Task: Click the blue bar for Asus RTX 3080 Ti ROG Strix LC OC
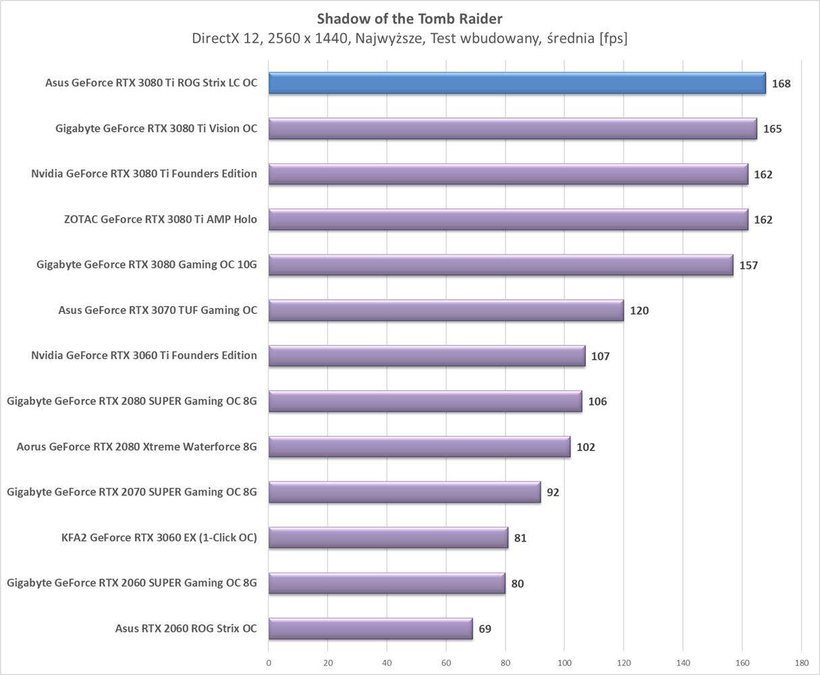(x=516, y=83)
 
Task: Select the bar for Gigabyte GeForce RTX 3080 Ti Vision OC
(x=512, y=128)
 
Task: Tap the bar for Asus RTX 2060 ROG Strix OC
(x=370, y=628)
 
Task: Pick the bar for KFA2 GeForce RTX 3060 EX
(x=388, y=537)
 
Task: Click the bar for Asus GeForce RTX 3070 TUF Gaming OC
(x=445, y=310)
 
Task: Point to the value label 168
(x=781, y=84)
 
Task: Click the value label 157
(x=748, y=265)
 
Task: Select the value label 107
(x=600, y=356)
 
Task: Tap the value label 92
(x=553, y=492)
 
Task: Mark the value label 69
(x=485, y=629)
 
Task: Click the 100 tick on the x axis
(x=564, y=663)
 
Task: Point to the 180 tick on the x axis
(x=801, y=663)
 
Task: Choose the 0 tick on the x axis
(x=269, y=663)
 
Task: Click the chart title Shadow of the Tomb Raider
(x=410, y=18)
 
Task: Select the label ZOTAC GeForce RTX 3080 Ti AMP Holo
(x=160, y=219)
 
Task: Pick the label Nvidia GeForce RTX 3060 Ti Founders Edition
(x=144, y=355)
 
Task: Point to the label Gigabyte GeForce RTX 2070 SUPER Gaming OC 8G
(x=132, y=491)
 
